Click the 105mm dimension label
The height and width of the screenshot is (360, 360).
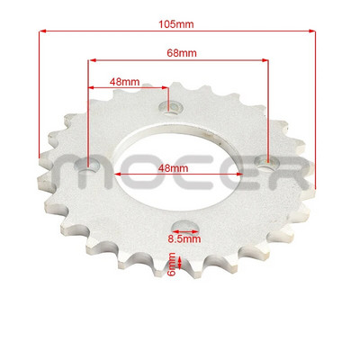click(178, 21)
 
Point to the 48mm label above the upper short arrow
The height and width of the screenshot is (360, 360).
click(124, 81)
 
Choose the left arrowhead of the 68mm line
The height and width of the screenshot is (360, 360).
click(91, 62)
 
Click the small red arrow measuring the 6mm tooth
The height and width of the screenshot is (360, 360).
click(183, 263)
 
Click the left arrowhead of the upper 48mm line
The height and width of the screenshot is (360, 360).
click(91, 89)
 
